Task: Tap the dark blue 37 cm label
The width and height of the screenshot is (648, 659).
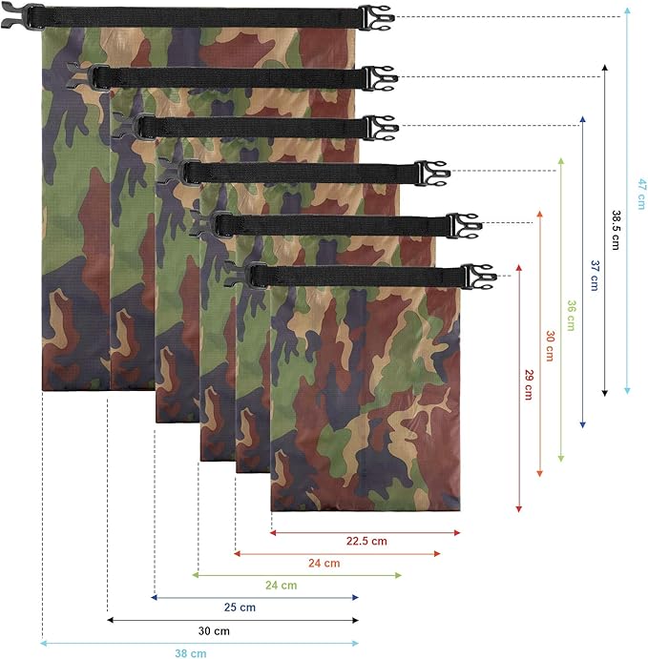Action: (x=594, y=275)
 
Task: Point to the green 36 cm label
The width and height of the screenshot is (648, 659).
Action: (x=571, y=315)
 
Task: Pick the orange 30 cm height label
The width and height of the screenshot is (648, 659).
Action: (x=550, y=347)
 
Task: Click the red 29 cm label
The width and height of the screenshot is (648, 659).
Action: (x=528, y=382)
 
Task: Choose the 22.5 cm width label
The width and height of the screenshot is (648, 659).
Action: (x=366, y=542)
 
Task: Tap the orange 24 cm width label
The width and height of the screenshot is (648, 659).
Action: (x=324, y=563)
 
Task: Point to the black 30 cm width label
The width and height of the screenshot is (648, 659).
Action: (x=215, y=630)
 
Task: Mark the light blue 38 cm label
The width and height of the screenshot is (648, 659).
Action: (x=191, y=653)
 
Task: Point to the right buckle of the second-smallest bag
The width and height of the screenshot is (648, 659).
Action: (x=468, y=225)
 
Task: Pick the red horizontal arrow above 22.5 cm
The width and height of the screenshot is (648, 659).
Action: (x=366, y=532)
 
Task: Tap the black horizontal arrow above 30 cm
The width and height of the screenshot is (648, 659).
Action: (x=233, y=620)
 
